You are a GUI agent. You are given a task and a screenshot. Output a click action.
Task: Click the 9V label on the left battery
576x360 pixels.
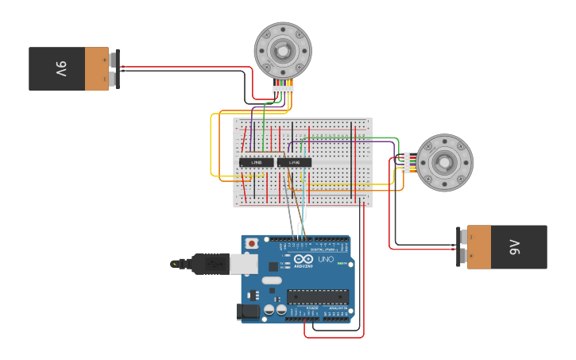pyautogui.click(x=60, y=69)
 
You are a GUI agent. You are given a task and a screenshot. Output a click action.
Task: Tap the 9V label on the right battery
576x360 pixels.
pyautogui.click(x=514, y=247)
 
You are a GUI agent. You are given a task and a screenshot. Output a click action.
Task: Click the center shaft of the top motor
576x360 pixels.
pyautogui.click(x=283, y=50)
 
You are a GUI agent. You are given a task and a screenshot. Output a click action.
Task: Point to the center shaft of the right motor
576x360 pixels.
pyautogui.click(x=445, y=163)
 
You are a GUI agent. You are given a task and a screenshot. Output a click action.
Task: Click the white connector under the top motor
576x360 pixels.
pyautogui.click(x=283, y=89)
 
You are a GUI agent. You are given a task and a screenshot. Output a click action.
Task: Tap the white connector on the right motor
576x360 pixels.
pyautogui.click(x=406, y=163)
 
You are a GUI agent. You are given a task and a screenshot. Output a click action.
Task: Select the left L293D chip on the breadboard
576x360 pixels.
pyautogui.click(x=257, y=162)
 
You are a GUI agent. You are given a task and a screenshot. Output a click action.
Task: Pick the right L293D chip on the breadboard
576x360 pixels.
pyautogui.click(x=294, y=162)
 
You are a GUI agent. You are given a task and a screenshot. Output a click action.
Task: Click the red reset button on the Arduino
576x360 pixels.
pyautogui.click(x=252, y=243)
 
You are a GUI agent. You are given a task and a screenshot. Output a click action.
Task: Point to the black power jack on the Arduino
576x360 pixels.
pyautogui.click(x=249, y=312)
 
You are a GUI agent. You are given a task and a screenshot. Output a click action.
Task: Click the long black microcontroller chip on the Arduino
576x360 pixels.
pyautogui.click(x=318, y=297)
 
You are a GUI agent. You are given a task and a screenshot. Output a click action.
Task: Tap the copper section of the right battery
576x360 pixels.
pyautogui.click(x=478, y=247)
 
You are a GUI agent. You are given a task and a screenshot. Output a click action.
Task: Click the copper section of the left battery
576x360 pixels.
pyautogui.click(x=96, y=69)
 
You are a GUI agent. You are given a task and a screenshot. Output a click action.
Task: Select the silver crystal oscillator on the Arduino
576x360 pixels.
pyautogui.click(x=272, y=281)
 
